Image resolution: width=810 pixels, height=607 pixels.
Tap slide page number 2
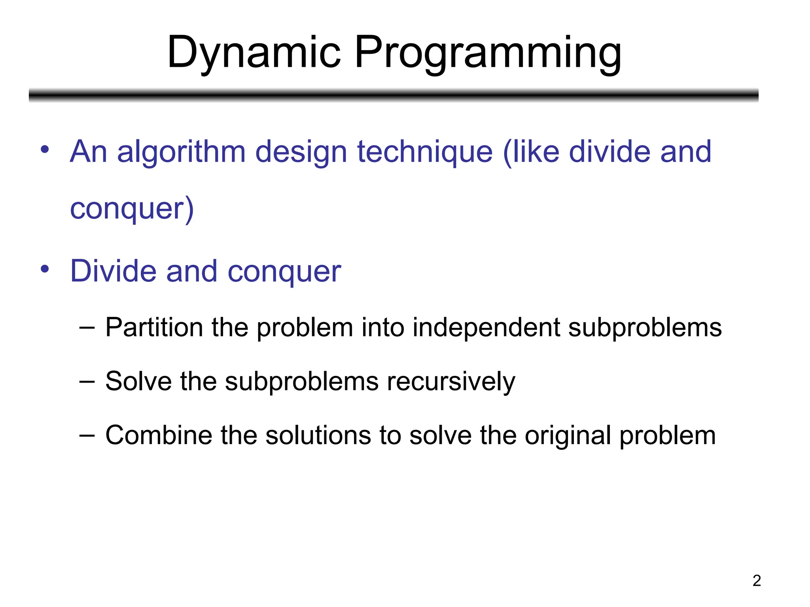[756, 581]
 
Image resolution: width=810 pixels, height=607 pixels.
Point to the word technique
[425, 152]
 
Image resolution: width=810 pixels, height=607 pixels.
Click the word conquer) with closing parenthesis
[132, 209]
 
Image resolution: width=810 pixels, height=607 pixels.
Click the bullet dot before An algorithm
[45, 149]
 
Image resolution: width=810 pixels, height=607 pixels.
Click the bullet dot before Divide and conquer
[45, 269]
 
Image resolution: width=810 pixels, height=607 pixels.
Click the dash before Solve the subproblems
[87, 381]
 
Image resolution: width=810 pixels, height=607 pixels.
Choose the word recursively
[451, 382]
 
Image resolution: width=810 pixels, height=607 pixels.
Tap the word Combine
[159, 435]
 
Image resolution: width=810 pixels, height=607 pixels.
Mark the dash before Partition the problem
[87, 328]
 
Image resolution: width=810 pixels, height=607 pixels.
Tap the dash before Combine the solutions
[87, 435]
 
